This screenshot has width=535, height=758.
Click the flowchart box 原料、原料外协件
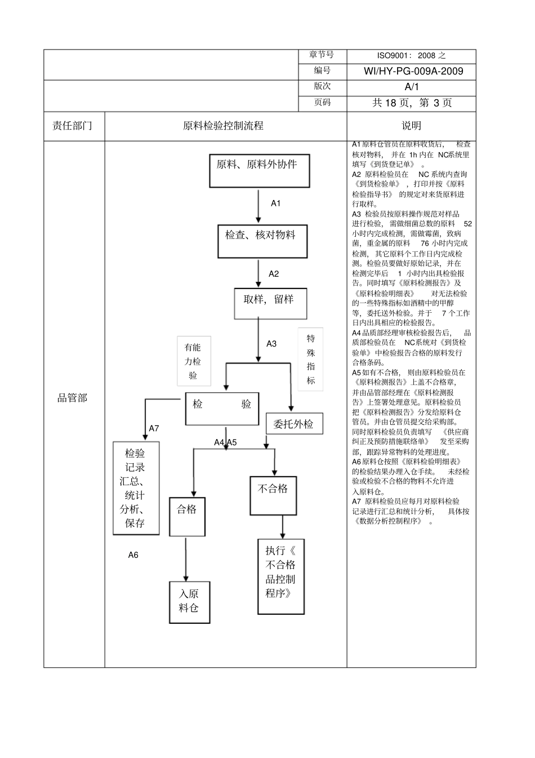click(259, 170)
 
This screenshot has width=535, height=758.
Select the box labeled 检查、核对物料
click(262, 241)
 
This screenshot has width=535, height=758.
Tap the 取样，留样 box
click(270, 303)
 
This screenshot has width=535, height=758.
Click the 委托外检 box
click(294, 424)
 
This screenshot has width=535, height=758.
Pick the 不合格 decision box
click(273, 495)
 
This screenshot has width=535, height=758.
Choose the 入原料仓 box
click(189, 602)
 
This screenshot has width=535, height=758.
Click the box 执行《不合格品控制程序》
click(281, 576)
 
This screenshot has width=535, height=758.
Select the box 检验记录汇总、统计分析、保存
click(136, 488)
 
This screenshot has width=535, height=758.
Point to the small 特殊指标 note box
click(310, 360)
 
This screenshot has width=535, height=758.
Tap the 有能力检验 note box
click(194, 361)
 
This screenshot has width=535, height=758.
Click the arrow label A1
click(275, 203)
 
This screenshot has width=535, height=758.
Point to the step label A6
click(133, 555)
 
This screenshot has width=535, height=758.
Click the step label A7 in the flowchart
click(154, 428)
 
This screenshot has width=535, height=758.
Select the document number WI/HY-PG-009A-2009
click(413, 71)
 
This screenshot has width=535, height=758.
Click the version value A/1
click(412, 87)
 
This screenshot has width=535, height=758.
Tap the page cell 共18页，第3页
click(412, 103)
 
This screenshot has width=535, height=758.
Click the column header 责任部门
click(73, 126)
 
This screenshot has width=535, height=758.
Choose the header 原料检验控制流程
click(224, 126)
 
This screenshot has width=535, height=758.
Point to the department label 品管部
click(73, 398)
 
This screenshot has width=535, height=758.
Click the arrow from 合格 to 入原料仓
click(186, 558)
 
